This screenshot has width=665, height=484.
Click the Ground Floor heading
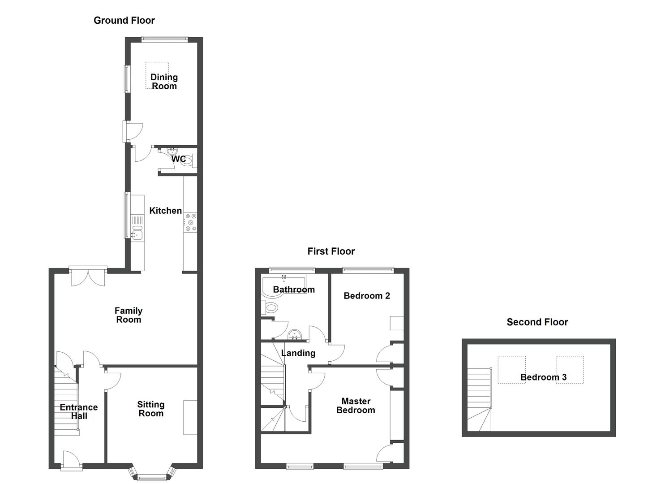click(x=124, y=20)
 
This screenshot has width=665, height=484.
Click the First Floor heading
click(x=331, y=251)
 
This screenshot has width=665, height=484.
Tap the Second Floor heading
click(x=537, y=322)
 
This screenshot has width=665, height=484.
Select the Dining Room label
click(x=164, y=82)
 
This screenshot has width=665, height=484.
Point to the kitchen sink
click(x=137, y=233)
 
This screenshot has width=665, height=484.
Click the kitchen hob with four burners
click(x=190, y=222)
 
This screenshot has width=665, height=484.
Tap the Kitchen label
click(x=165, y=211)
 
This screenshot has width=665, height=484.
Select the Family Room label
click(x=129, y=315)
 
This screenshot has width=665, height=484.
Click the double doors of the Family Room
click(x=88, y=277)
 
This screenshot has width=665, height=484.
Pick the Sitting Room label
click(x=151, y=409)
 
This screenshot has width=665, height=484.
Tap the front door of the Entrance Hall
click(x=72, y=461)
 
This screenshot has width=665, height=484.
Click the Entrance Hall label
click(x=79, y=411)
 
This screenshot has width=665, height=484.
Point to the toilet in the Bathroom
click(x=270, y=308)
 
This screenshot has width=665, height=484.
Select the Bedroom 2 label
click(x=367, y=296)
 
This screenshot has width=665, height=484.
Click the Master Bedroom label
click(x=356, y=406)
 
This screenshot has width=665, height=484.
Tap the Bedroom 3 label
click(x=543, y=377)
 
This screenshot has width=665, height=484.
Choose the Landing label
click(x=298, y=353)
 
